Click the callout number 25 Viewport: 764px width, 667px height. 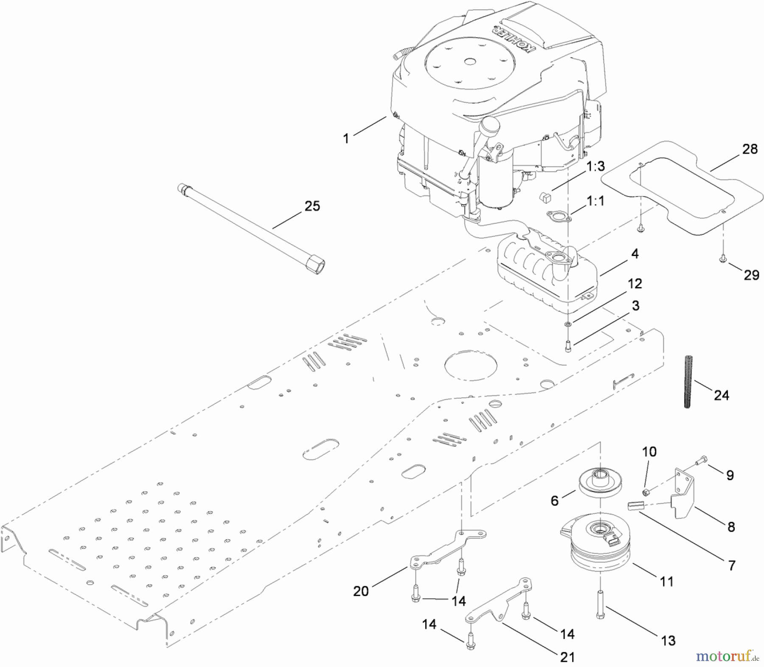(312, 206)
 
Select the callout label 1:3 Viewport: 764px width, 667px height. (595, 166)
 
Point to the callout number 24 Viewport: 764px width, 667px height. (722, 395)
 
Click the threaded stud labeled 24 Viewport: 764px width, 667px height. (688, 382)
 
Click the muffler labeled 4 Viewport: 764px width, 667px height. (548, 272)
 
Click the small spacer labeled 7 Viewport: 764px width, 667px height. (636, 507)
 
